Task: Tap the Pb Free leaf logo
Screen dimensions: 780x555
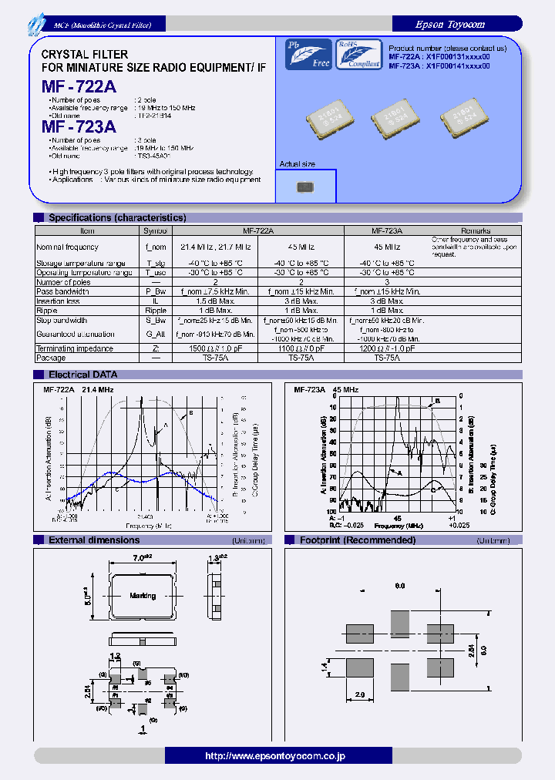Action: pos(308,55)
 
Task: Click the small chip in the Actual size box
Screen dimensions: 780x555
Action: pos(305,186)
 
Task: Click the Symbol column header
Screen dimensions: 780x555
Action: pos(156,230)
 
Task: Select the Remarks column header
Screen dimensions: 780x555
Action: pos(476,230)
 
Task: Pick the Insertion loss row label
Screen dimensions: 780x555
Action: pos(59,301)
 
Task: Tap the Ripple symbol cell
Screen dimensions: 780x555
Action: pos(156,311)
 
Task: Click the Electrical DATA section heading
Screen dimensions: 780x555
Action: pos(83,375)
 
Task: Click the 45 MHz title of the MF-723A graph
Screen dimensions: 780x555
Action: pos(345,390)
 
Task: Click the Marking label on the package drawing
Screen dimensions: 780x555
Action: pos(143,596)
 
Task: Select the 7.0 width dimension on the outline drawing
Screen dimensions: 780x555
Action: pos(142,556)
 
